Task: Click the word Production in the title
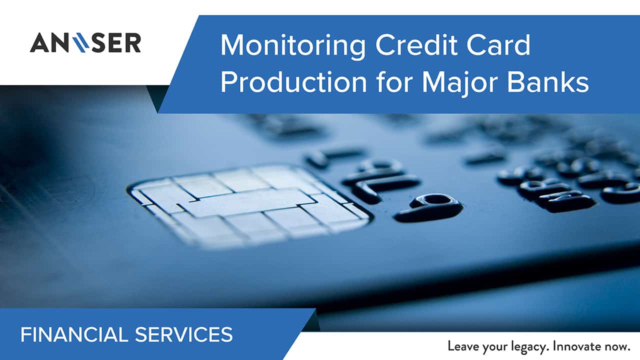293,82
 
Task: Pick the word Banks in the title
548,82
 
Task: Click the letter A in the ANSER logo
39,43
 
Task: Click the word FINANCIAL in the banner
74,334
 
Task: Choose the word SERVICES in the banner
183,334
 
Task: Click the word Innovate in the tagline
577,346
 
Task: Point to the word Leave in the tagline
463,346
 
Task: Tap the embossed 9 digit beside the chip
428,207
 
